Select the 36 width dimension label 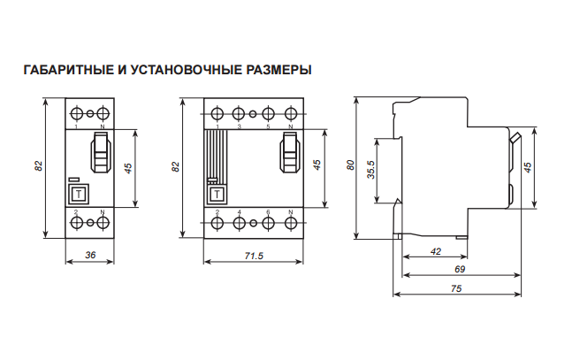(89, 255)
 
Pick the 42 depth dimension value (435, 252)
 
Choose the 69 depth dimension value (460, 269)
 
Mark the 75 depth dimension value (456, 289)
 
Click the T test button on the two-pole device (79, 194)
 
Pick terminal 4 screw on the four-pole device (239, 225)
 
